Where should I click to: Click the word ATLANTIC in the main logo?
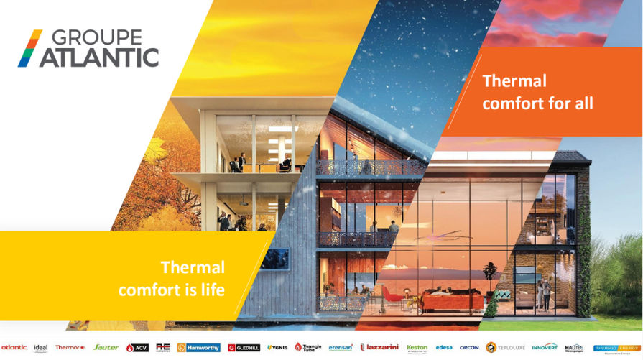(99, 57)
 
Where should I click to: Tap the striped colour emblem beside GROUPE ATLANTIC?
(29, 48)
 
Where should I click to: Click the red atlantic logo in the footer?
(14, 347)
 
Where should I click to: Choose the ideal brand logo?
(40, 348)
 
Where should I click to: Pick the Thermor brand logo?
(70, 347)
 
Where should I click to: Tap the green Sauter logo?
(106, 347)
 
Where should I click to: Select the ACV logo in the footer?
(137, 347)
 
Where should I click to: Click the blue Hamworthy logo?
(198, 347)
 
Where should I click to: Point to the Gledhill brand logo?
(244, 347)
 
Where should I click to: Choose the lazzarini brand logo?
(379, 347)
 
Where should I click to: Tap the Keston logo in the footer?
(417, 348)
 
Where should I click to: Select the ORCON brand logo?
(469, 347)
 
